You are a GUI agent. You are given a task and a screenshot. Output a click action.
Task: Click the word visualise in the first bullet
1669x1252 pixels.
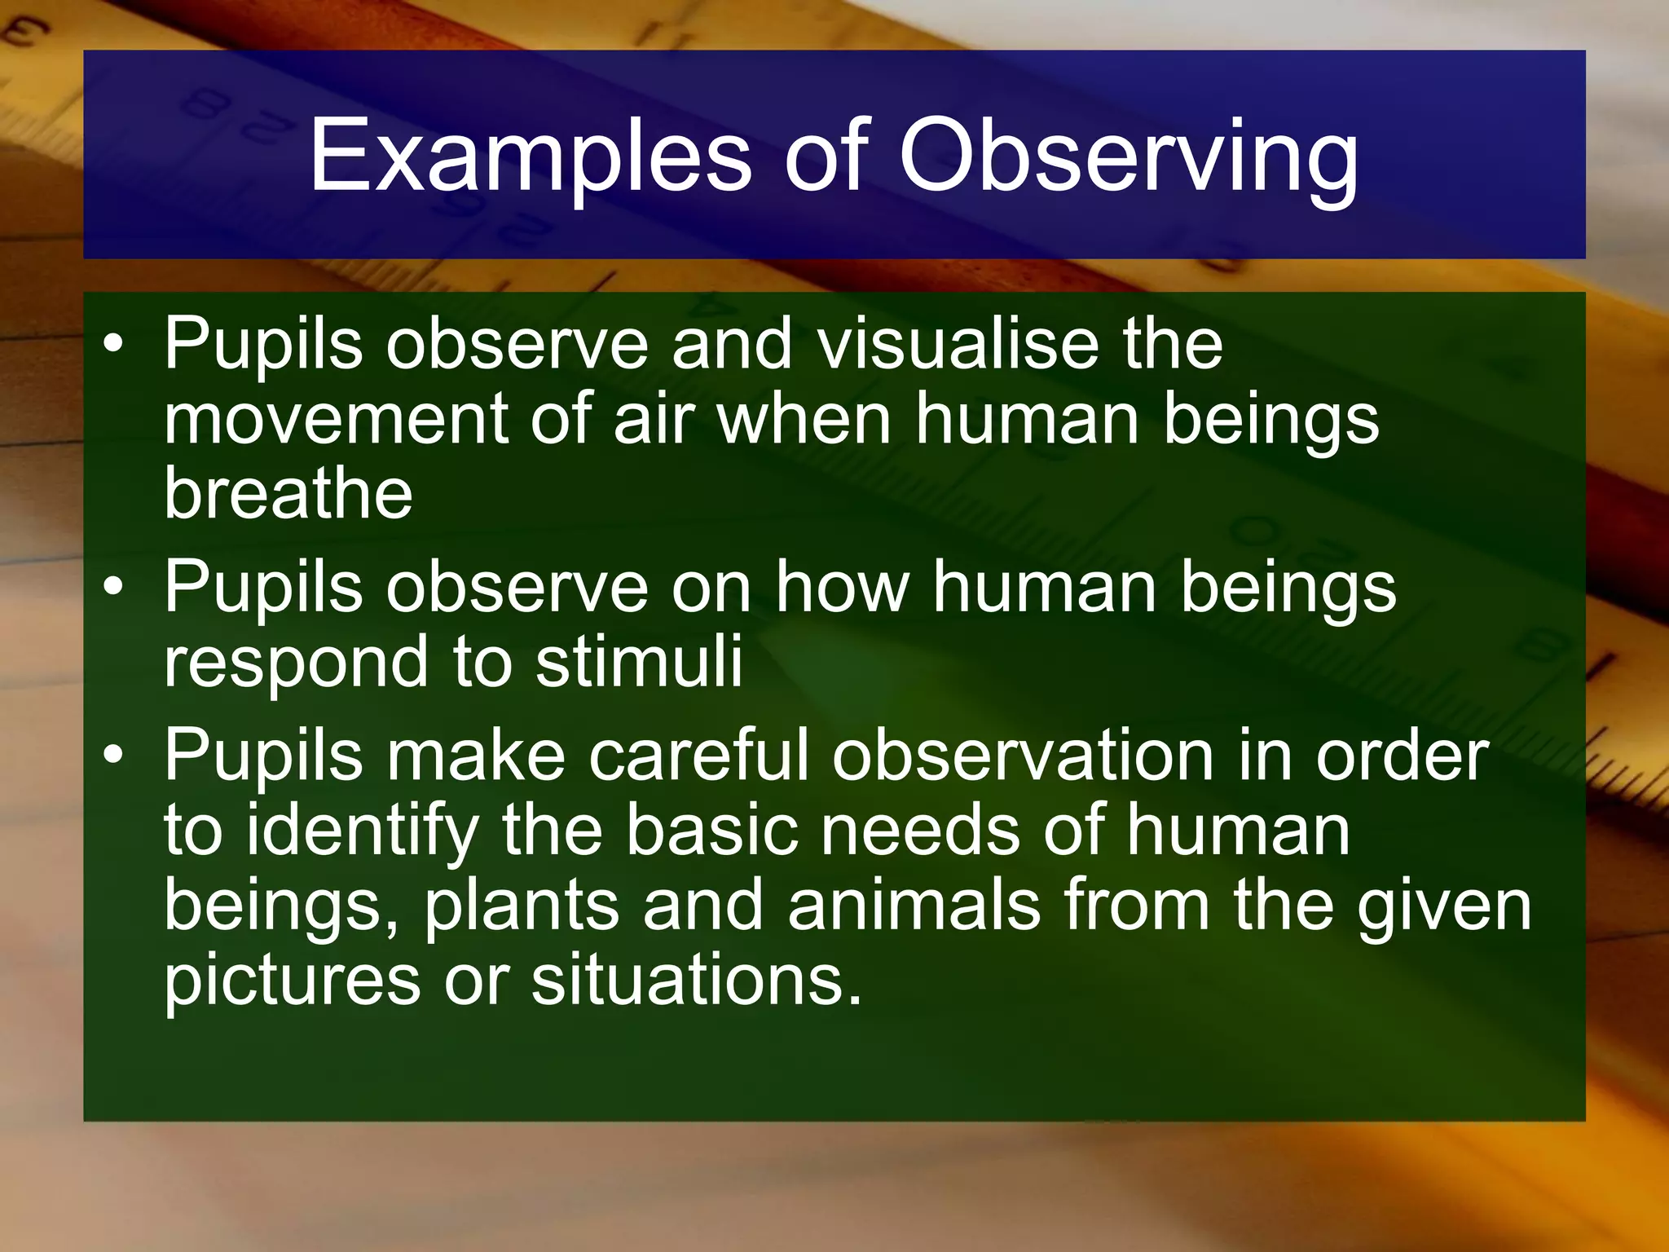[958, 344]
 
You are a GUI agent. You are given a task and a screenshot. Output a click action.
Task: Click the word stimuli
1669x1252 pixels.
[639, 661]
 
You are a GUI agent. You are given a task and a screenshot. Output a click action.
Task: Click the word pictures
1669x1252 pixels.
[292, 981]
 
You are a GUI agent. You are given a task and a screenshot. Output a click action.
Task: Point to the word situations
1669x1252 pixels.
[695, 981]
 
